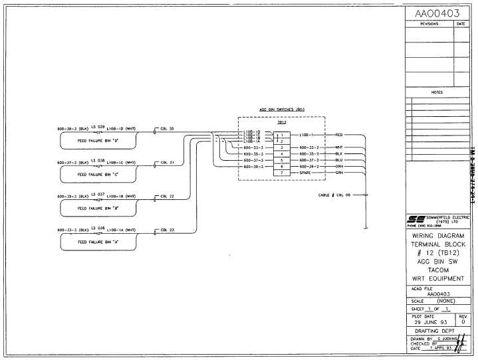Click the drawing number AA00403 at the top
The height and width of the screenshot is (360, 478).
[436, 13]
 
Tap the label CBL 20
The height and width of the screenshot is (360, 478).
[167, 128]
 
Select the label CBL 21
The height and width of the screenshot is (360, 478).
[167, 162]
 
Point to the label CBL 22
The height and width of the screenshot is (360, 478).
[167, 197]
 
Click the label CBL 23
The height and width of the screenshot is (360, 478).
[167, 230]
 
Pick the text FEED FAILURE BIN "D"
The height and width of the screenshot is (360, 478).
[98, 141]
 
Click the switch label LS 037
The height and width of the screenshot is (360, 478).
[97, 195]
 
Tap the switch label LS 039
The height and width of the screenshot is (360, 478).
[97, 126]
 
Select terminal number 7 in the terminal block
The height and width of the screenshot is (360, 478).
[282, 173]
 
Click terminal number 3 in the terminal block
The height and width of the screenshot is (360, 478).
[282, 147]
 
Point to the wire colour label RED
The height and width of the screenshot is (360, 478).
[339, 135]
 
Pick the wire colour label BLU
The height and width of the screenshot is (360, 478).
[339, 160]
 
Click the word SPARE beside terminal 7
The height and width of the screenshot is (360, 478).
[305, 173]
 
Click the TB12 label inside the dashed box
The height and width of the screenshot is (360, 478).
[281, 123]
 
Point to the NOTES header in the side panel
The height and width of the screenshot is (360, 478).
[437, 92]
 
